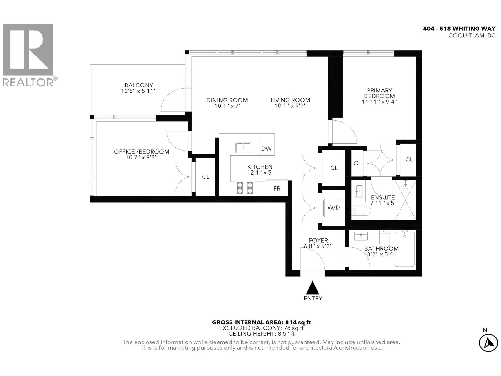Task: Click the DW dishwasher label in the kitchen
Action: click(266, 149)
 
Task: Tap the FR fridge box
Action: click(277, 188)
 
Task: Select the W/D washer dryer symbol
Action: click(333, 207)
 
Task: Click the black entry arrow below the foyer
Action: click(312, 287)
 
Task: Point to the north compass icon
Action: click(488, 343)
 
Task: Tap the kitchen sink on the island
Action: click(243, 147)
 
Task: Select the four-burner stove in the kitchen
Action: click(245, 188)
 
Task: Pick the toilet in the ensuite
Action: click(361, 211)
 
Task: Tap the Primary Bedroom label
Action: click(379, 93)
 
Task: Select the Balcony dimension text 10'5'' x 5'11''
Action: click(139, 91)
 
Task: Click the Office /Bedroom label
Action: click(141, 152)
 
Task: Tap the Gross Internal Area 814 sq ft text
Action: click(261, 322)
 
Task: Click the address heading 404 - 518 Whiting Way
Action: click(459, 29)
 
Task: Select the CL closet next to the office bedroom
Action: click(205, 177)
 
